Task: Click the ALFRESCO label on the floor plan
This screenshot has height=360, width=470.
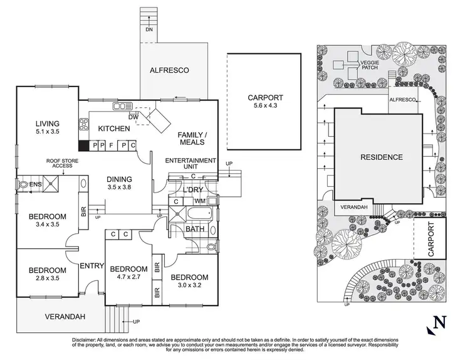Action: tap(169, 70)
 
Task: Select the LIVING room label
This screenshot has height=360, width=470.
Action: tap(47, 123)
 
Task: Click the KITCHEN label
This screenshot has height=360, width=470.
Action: tap(114, 129)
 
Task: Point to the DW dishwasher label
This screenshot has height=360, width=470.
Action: tap(133, 117)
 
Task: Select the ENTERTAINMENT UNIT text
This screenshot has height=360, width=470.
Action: tap(191, 165)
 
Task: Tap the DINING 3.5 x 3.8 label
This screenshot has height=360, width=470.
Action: tap(119, 182)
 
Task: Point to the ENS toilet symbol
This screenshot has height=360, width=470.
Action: tap(25, 185)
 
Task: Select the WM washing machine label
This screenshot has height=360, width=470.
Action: tap(200, 201)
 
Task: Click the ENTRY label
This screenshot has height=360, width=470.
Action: tap(91, 266)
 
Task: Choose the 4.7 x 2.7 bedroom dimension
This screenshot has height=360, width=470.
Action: tap(127, 274)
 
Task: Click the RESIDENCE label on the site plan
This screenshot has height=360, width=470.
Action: tap(381, 157)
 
